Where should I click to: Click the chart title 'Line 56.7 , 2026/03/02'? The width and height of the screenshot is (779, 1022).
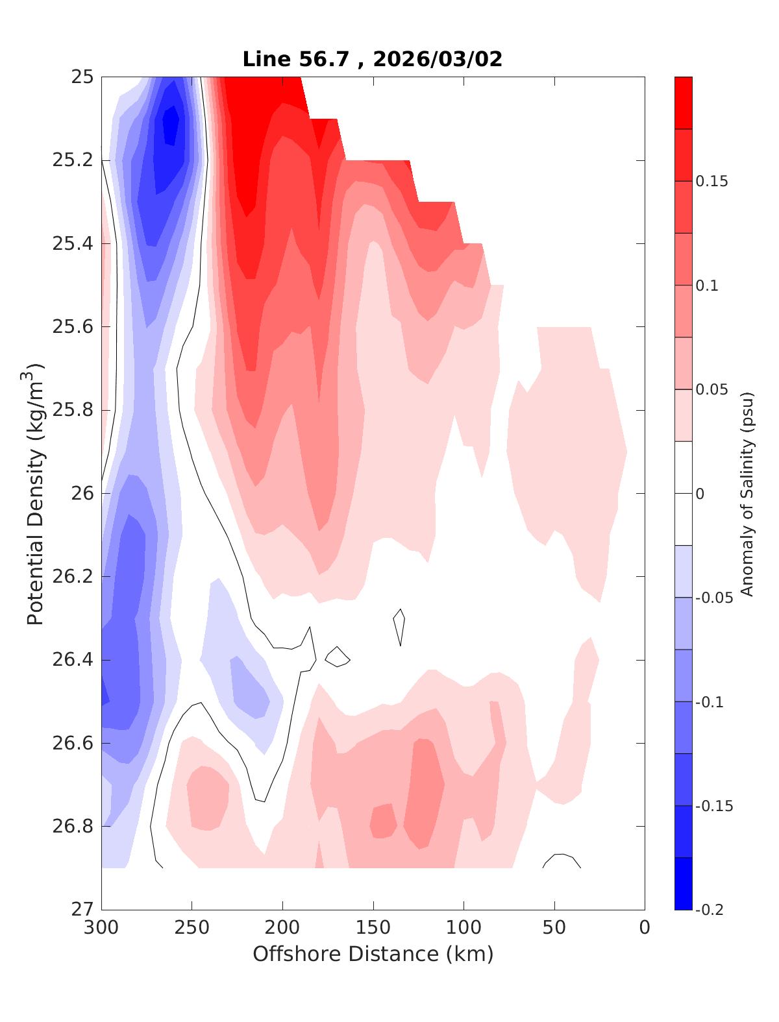coord(373,59)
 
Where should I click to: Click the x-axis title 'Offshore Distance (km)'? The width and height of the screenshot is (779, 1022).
coord(373,954)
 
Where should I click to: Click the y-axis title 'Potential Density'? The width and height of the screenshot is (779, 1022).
coord(36,493)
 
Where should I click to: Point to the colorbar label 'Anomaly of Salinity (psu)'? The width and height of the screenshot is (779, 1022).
coord(747,493)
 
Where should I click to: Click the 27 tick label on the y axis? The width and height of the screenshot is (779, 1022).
coord(82,910)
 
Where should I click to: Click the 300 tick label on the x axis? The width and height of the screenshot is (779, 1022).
coord(102,928)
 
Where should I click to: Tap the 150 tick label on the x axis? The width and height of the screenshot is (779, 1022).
coord(373,928)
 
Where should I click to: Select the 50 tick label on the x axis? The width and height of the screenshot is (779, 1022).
coord(554,928)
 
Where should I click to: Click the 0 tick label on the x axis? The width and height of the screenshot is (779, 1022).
coord(645,928)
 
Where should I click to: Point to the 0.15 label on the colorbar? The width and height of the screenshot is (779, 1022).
coord(711,181)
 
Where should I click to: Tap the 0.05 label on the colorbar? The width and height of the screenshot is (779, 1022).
coord(711,389)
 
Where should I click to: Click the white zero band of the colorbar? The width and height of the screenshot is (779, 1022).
coord(683,493)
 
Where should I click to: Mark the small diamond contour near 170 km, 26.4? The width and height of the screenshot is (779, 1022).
coord(337,657)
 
